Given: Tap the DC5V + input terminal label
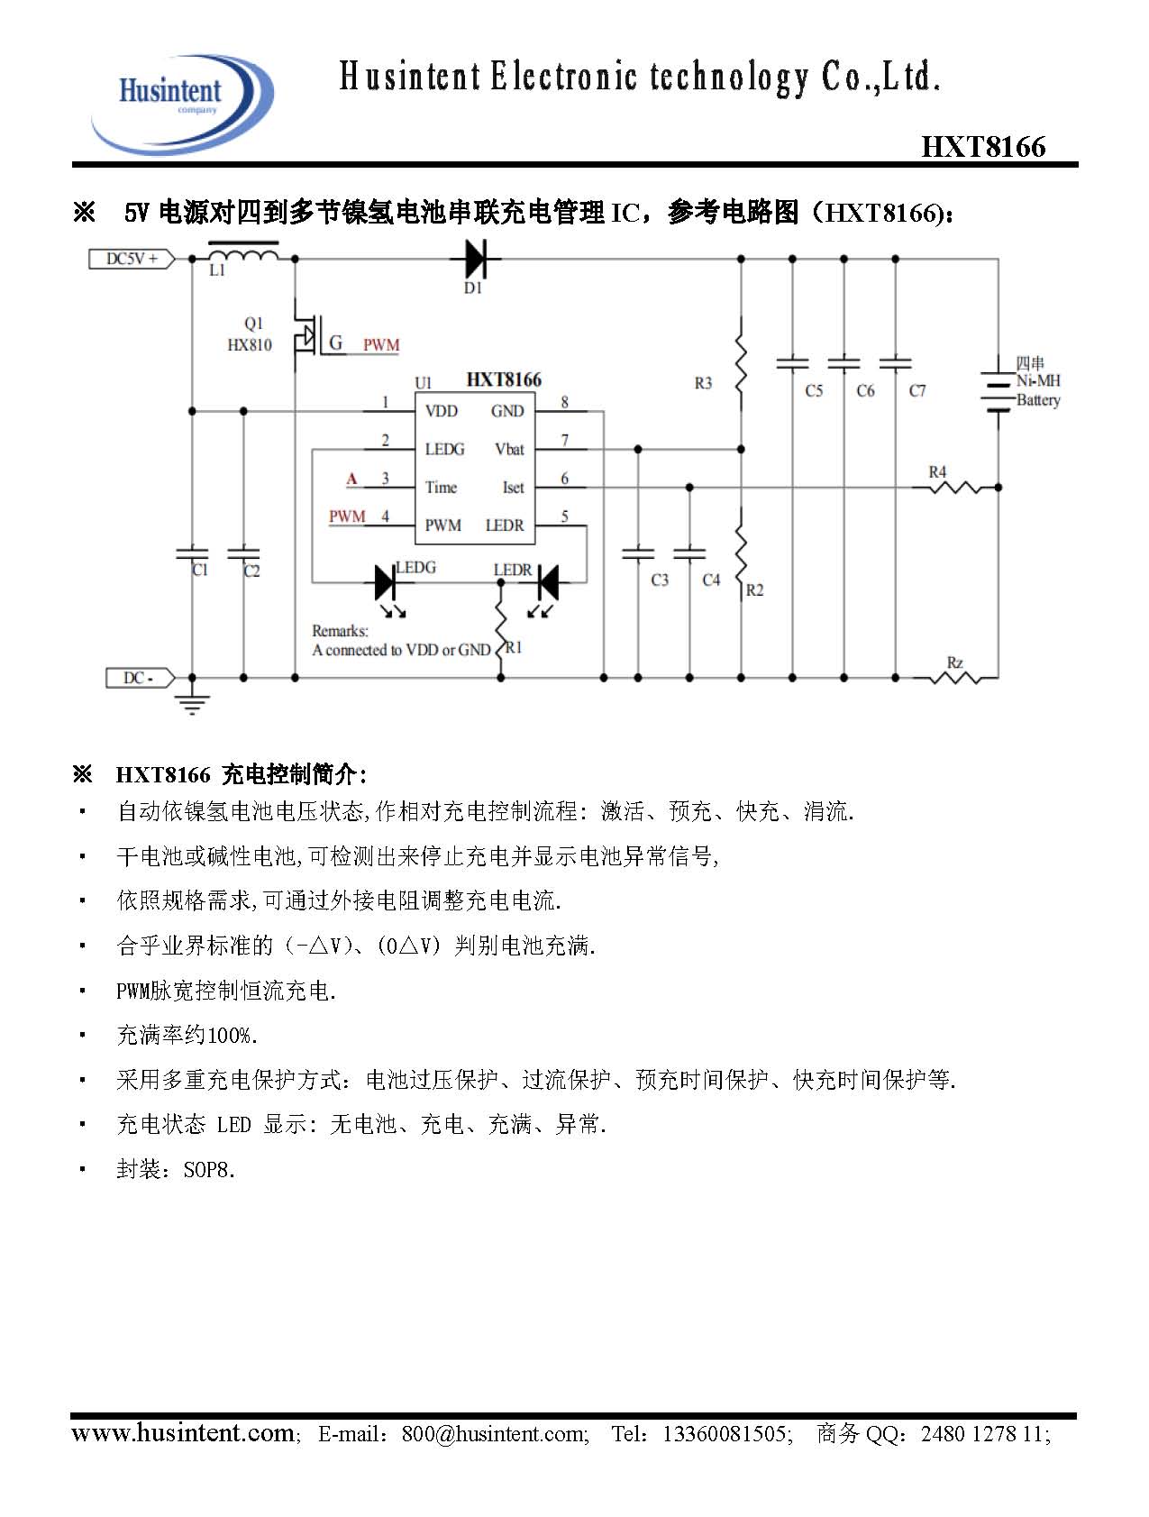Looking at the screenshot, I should [x=132, y=259].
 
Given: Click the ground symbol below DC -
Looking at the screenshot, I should [x=192, y=702].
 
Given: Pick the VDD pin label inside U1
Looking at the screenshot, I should [x=442, y=411].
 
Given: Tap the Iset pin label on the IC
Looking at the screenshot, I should [x=513, y=487].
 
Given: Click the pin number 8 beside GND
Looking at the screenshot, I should [x=565, y=403].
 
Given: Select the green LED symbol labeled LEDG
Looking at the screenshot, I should [x=387, y=582].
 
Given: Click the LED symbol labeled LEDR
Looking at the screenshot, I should [x=546, y=582].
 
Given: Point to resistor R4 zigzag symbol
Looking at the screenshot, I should [x=955, y=488].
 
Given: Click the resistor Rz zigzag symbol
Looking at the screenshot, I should [x=955, y=677].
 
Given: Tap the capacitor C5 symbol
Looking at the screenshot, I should [x=792, y=363].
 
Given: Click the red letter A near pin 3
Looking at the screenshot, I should [x=352, y=480].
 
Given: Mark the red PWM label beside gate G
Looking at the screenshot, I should [x=381, y=345].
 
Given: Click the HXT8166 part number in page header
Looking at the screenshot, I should [x=983, y=147].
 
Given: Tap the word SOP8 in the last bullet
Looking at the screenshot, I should [x=209, y=1170].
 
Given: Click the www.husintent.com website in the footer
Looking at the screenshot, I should [x=182, y=1433].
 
